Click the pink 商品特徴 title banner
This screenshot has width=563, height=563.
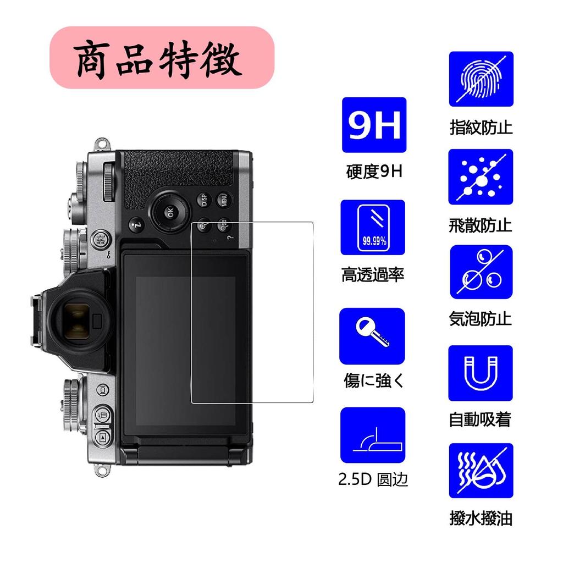click(x=162, y=58)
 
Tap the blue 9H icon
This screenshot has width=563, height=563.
click(x=374, y=125)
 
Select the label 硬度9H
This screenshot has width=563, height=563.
click(x=374, y=172)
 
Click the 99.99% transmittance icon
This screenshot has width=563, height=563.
click(x=373, y=228)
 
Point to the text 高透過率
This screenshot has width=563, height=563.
click(x=373, y=274)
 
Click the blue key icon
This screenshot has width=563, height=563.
click(x=372, y=336)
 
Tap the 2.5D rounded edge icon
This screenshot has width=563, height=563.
click(x=372, y=435)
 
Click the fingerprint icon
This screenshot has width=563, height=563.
click(x=481, y=79)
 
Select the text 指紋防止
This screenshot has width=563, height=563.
click(x=481, y=128)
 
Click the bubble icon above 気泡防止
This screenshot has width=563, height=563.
click(x=481, y=272)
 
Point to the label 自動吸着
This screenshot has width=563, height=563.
click(x=481, y=420)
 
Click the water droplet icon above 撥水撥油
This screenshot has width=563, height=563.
click(x=481, y=471)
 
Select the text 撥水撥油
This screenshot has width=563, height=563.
click(x=481, y=518)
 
